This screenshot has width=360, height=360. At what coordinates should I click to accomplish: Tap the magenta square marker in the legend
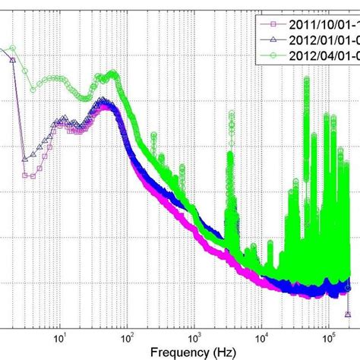pos(267,23)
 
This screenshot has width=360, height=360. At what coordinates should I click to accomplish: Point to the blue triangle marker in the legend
pos(267,39)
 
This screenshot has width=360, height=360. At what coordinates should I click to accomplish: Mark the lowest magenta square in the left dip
pos(25,175)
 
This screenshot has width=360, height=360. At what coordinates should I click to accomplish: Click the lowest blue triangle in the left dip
pos(25,159)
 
